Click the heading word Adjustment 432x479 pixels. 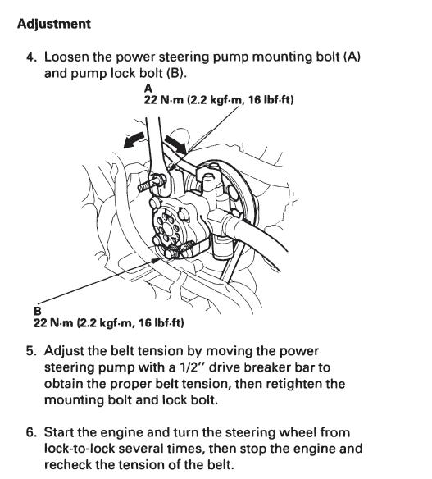tap(54, 24)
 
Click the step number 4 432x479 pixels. tap(31, 57)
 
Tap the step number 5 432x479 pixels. tap(31, 351)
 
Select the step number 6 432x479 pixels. tap(31, 432)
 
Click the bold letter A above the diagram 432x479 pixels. tap(148, 89)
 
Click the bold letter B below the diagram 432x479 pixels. tap(37, 311)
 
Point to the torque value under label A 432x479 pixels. tap(219, 100)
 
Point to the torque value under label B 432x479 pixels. tap(109, 322)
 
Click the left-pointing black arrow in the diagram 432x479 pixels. tap(134, 140)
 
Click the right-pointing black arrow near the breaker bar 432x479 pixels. tap(175, 144)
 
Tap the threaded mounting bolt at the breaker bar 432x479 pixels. tap(151, 183)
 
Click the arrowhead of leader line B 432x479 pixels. tap(157, 260)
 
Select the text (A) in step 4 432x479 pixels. tap(352, 57)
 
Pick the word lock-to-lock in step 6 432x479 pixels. tap(79, 449)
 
